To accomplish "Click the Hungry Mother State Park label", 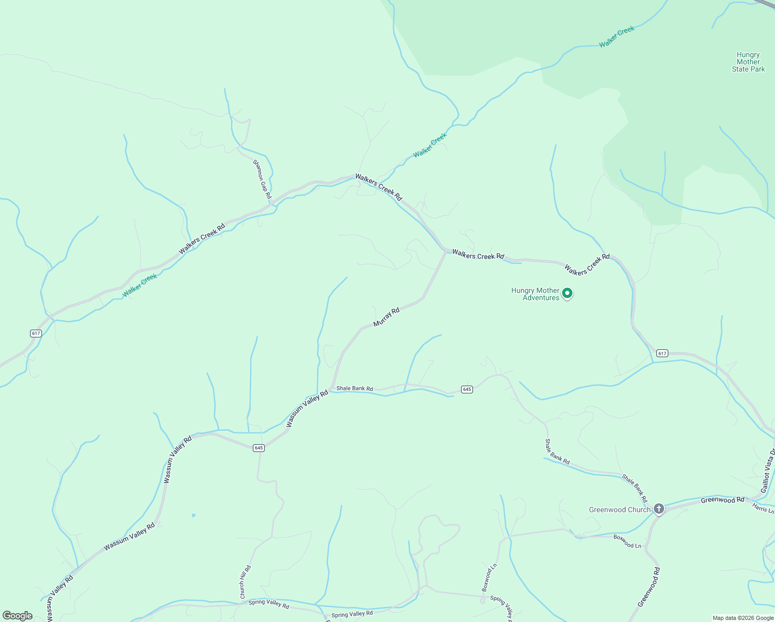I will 748,62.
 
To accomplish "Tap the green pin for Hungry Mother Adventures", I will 567,294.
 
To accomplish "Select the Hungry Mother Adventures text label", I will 536,294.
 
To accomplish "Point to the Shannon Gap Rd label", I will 262,179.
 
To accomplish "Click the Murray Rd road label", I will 386,317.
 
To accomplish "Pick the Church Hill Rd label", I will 245,582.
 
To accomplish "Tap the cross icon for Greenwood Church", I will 658,509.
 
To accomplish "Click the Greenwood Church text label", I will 619,510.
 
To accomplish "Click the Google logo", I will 18,616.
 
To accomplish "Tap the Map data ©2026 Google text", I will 743,618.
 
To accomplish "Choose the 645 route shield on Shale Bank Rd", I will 467,389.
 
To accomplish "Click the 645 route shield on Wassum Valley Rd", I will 259,448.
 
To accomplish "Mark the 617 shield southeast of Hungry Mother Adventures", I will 662,354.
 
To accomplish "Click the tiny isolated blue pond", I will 194,515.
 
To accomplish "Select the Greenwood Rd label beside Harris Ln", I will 722,500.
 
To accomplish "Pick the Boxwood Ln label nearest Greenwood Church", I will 627,542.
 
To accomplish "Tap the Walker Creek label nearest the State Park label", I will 616,37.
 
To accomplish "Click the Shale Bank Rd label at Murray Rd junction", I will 354,388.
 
